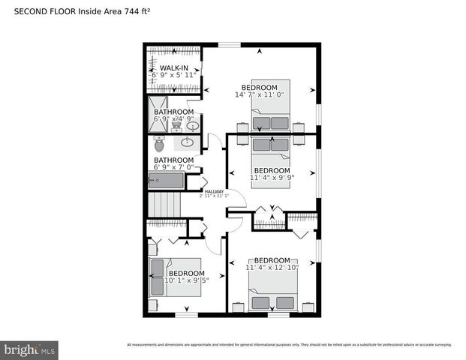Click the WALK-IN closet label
(x=174, y=67)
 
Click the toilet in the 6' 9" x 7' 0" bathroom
(x=159, y=142)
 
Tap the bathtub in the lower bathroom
(x=166, y=181)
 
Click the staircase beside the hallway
(x=164, y=203)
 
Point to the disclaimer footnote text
(x=289, y=345)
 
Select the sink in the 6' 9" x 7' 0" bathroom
(x=188, y=142)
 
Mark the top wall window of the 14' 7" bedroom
(x=229, y=45)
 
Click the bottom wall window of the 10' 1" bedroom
(x=186, y=314)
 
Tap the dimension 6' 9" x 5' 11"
(x=174, y=76)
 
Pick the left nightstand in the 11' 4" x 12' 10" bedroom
(x=237, y=307)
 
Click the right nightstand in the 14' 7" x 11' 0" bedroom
(x=298, y=127)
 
